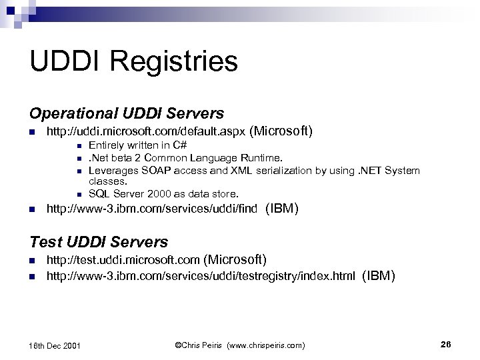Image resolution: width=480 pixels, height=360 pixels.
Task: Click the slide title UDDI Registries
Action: [x=133, y=61]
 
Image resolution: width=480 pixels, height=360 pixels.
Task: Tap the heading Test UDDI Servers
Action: [x=99, y=241]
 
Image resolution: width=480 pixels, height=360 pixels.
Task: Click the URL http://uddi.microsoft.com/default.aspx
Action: [x=145, y=132]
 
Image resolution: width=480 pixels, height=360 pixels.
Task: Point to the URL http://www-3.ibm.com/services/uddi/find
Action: [x=152, y=210]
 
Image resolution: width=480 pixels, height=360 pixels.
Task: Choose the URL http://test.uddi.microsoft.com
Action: [x=123, y=259]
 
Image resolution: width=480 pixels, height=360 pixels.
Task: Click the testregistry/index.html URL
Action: [x=200, y=275]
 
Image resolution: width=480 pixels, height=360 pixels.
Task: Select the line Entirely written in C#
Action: [x=137, y=145]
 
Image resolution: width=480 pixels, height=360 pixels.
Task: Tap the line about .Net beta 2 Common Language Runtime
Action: [x=186, y=158]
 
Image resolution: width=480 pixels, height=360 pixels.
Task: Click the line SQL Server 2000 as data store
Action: [x=163, y=194]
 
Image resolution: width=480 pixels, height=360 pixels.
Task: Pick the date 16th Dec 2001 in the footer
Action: [x=56, y=345]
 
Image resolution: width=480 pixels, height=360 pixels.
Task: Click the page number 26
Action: [x=446, y=344]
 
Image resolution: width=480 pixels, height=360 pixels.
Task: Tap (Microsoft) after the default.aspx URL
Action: [x=281, y=131]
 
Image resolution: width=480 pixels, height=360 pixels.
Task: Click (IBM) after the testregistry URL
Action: [x=379, y=275]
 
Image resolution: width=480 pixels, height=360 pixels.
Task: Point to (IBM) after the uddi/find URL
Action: [x=281, y=209]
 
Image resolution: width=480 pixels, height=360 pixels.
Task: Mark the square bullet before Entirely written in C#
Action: [x=79, y=146]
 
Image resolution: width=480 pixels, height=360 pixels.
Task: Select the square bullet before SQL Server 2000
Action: [x=79, y=195]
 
